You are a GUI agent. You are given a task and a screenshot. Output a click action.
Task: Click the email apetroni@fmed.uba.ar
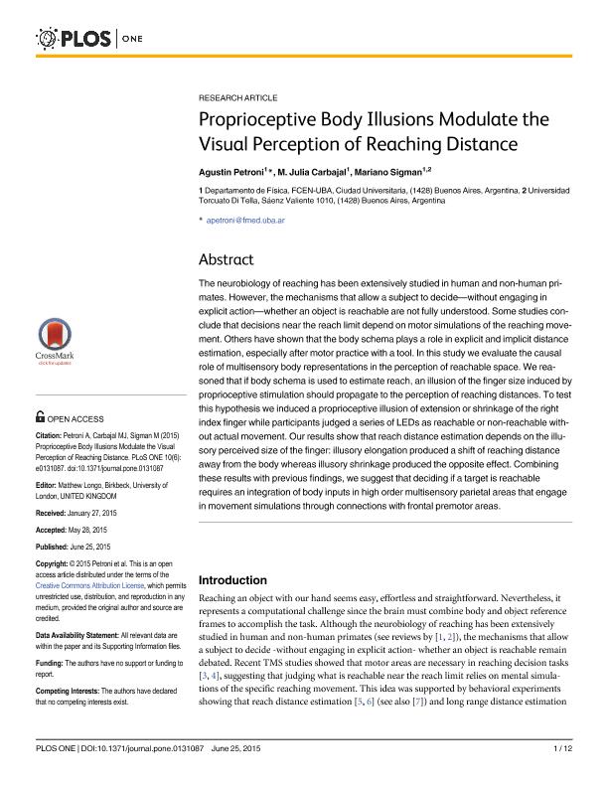tap(245, 220)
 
